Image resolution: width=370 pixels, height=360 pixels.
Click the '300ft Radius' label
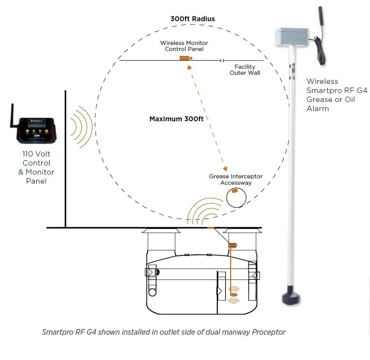192,19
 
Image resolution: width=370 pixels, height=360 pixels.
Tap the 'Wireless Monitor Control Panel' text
184,46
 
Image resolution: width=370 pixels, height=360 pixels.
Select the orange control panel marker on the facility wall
184,58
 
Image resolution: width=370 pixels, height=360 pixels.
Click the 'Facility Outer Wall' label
245,69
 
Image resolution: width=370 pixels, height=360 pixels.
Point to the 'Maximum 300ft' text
176,119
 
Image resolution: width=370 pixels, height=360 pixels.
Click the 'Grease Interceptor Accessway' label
236,180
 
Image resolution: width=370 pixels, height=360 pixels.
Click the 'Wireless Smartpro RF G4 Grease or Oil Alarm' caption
331,95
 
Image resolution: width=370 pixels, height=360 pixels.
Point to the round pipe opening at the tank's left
153,292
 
